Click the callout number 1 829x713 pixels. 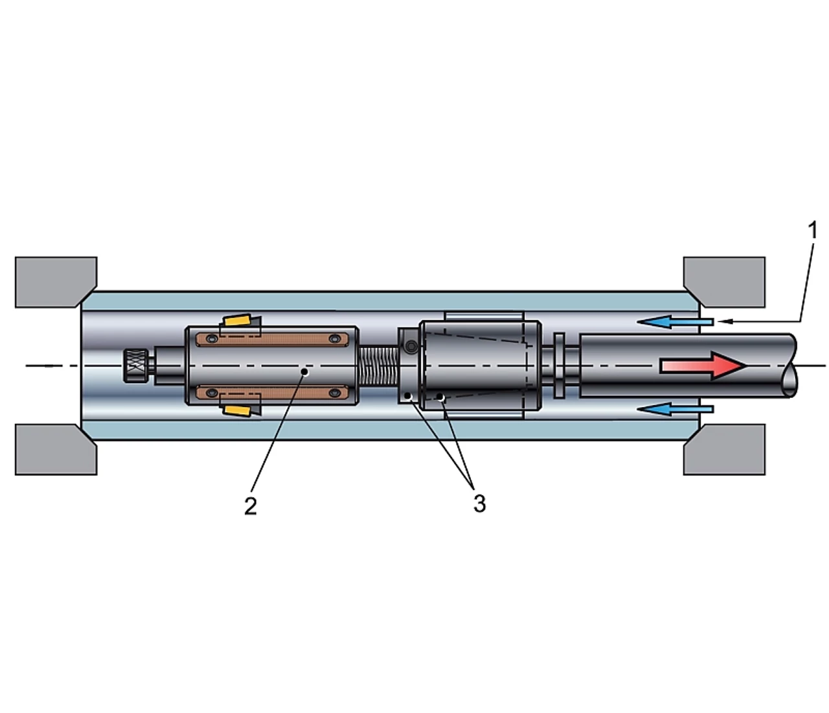812,231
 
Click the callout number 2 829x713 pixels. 251,506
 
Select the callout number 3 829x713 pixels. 480,504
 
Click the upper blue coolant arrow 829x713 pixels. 675,321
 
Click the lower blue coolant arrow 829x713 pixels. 675,409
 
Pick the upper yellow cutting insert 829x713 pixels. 238,320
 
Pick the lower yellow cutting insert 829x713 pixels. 238,410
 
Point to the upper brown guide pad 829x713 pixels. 272,339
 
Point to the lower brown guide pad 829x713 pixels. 272,392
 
